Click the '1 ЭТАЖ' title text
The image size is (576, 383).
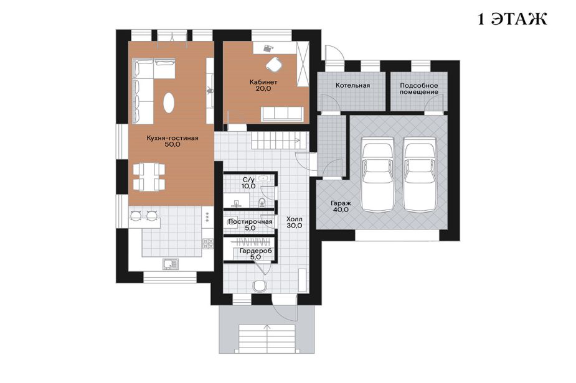(512, 19)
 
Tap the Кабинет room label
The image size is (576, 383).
(263, 82)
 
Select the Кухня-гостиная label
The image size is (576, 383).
(172, 138)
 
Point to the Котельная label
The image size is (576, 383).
(352, 85)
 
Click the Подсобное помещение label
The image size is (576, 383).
(419, 89)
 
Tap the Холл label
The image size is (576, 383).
(295, 219)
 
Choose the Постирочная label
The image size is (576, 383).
(250, 221)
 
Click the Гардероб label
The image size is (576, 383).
(255, 251)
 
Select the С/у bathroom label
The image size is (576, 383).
(248, 180)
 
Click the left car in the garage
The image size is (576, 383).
(377, 174)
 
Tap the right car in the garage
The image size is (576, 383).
(420, 174)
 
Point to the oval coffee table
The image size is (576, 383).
(169, 103)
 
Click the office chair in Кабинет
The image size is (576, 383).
(273, 64)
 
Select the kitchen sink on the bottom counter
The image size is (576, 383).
(170, 264)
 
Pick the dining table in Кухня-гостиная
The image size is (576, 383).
(149, 177)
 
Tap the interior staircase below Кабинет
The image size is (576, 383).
(279, 141)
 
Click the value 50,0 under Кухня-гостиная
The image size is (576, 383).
(172, 144)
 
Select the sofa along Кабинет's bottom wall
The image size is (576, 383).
(282, 114)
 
